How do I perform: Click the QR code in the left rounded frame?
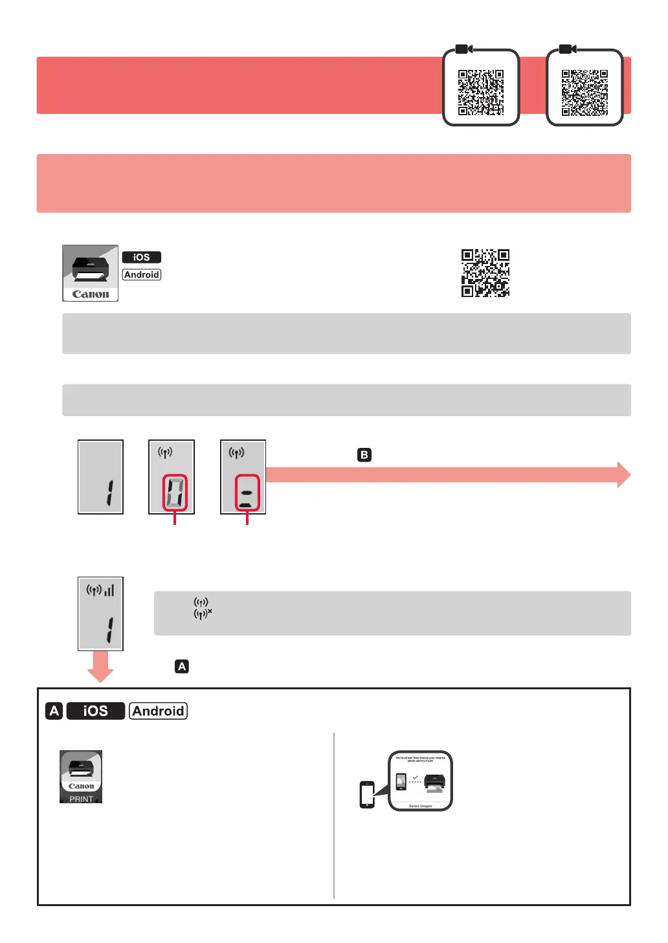click(481, 92)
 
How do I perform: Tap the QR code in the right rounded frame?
click(584, 92)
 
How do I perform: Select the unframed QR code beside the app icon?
click(485, 272)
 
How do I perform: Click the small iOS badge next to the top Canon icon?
click(142, 257)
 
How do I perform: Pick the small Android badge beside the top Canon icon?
click(142, 274)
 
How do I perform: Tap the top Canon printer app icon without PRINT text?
click(91, 272)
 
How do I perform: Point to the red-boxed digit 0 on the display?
click(175, 493)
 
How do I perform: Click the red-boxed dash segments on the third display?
click(247, 493)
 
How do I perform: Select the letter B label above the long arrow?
click(364, 455)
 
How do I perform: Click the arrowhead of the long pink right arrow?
click(623, 474)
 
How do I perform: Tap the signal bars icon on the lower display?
click(109, 590)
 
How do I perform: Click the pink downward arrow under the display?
click(100, 667)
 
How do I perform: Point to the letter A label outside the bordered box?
click(182, 666)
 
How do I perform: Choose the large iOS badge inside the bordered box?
click(96, 711)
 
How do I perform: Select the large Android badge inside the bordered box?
click(158, 711)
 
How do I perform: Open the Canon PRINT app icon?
click(81, 777)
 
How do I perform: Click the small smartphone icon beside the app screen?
click(367, 794)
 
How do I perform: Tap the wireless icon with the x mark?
click(203, 614)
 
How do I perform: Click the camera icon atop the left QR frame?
click(463, 49)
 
